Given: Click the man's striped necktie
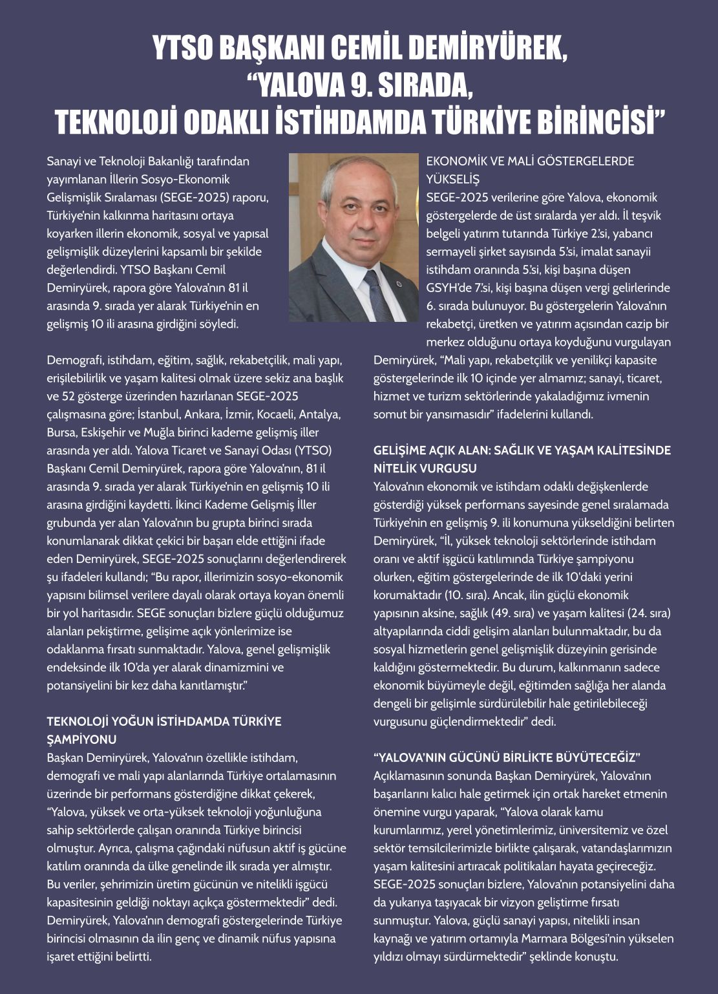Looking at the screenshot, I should click(376, 293).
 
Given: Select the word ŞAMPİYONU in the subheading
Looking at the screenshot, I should click(81, 739).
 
